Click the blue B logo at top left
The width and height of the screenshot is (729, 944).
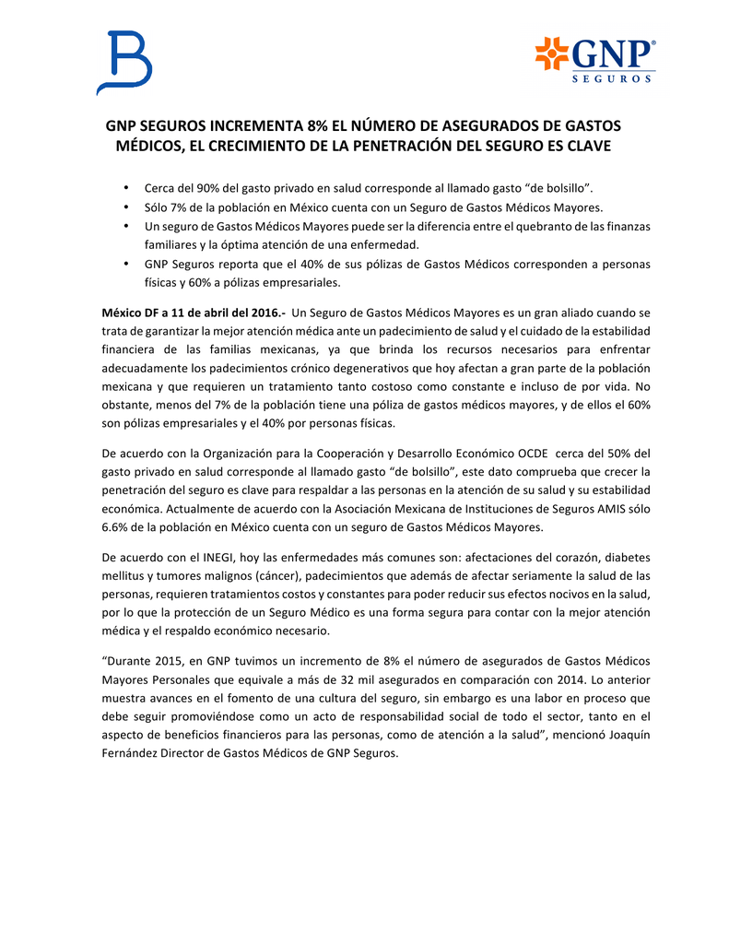click(123, 62)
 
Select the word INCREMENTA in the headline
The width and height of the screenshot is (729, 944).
click(255, 126)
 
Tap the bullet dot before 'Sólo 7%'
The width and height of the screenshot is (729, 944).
click(125, 206)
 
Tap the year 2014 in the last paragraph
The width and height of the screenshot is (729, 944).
click(554, 678)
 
